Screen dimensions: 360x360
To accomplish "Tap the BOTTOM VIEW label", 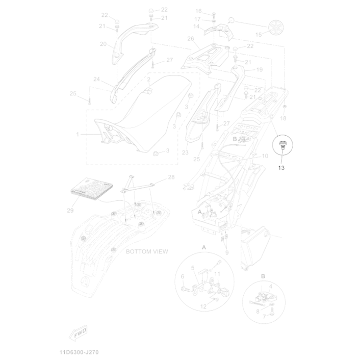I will click(147, 251).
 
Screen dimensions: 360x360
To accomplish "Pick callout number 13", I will click(281, 167).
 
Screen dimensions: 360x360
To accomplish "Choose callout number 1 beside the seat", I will click(78, 134).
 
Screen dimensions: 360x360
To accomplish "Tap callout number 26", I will click(191, 38).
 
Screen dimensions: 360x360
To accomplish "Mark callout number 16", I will click(198, 11).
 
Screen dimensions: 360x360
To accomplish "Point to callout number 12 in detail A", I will click(203, 306).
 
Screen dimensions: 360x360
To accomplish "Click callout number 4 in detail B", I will click(270, 287).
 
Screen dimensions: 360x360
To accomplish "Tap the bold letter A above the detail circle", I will click(204, 247).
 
